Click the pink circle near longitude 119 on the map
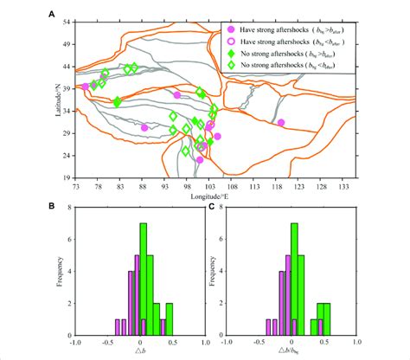point(281,123)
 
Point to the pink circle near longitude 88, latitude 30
point(144,128)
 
